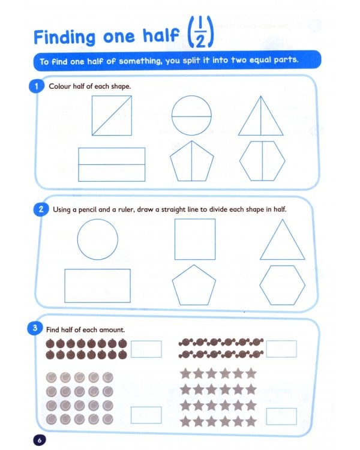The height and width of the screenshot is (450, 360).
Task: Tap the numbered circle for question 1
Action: click(36, 86)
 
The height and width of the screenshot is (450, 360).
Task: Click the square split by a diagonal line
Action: click(112, 115)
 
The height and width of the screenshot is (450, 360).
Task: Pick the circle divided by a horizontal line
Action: click(191, 115)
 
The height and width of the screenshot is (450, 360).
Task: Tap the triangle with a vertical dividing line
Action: click(260, 117)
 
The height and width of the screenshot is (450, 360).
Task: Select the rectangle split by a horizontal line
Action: click(112, 164)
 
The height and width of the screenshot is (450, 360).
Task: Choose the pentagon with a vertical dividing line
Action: click(191, 161)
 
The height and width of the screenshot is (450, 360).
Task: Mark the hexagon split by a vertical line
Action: click(262, 161)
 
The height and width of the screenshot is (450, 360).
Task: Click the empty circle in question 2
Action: click(98, 239)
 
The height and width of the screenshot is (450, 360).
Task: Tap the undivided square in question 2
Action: click(194, 239)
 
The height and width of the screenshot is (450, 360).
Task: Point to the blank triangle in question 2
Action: click(282, 241)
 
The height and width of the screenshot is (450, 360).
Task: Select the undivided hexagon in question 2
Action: click(283, 284)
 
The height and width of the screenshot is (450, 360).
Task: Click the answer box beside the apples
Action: click(146, 349)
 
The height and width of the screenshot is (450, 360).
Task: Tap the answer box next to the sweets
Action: click(281, 349)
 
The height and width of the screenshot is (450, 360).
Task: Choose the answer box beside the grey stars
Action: click(281, 416)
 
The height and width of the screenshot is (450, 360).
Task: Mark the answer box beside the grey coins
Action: click(146, 415)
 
